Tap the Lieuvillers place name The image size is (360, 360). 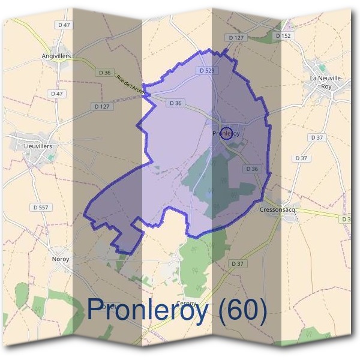click(41, 146)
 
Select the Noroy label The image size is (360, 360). click(61, 259)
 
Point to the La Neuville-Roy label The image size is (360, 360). click(326, 82)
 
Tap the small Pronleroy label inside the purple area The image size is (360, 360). click(226, 134)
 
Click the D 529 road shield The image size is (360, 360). click(207, 70)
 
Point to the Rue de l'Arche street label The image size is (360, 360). click(131, 83)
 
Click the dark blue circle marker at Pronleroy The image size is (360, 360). click(226, 134)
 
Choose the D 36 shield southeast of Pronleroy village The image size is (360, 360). click(252, 169)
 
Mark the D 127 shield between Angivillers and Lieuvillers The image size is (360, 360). click(102, 106)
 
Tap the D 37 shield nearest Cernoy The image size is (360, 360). click(238, 263)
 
